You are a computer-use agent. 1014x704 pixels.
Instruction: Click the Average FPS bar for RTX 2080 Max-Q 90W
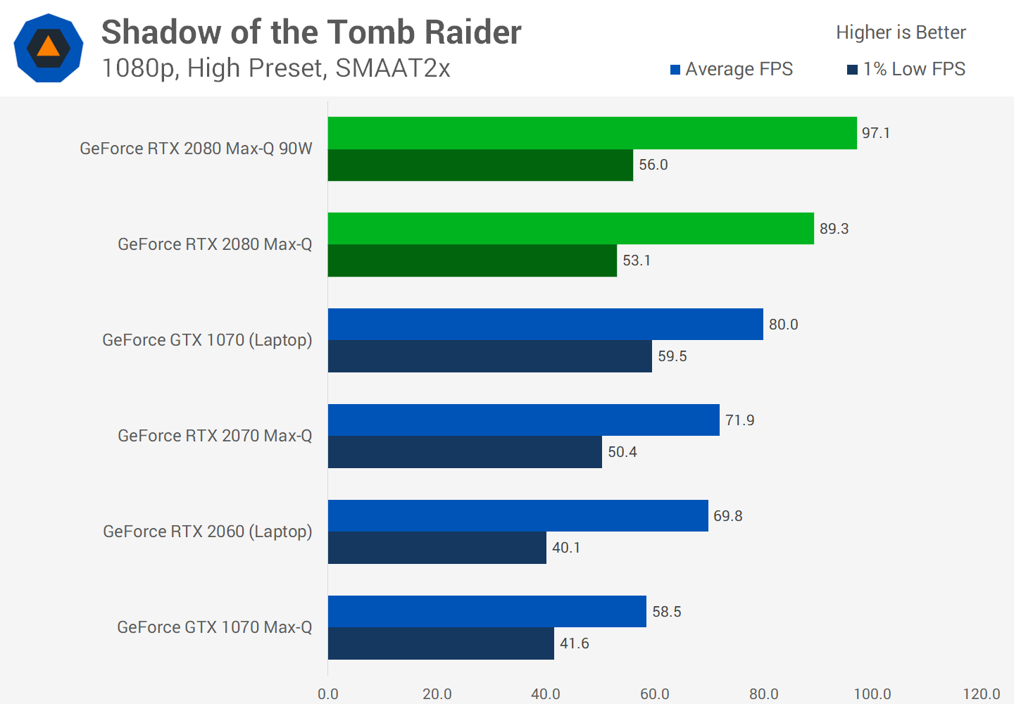tap(592, 133)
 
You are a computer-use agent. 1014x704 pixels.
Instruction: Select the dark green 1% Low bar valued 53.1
tap(472, 260)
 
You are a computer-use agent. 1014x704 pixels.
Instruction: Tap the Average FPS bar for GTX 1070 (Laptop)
tap(546, 325)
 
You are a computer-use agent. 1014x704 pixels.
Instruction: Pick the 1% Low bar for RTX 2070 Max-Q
tap(465, 452)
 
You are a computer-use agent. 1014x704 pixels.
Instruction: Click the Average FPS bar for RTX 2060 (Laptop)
tap(518, 516)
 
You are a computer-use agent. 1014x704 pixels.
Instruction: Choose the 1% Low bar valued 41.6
tap(441, 643)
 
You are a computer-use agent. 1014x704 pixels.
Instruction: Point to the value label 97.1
tap(876, 133)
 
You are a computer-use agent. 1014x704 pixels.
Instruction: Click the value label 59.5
tap(672, 356)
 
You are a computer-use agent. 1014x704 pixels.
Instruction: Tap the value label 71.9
tap(740, 420)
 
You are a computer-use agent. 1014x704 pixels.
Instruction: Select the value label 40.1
tap(567, 548)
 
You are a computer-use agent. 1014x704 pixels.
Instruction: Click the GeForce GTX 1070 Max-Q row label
tap(214, 627)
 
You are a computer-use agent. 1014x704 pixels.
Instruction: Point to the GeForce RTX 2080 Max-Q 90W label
tap(196, 149)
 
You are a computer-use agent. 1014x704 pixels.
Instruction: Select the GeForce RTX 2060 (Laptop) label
tap(207, 532)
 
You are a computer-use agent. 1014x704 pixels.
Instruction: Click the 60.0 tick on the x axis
tap(655, 694)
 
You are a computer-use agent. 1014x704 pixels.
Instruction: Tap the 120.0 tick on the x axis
tap(982, 694)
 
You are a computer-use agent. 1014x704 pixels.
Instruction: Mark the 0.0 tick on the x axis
tap(328, 694)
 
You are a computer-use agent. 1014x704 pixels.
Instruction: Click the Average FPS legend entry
tap(732, 69)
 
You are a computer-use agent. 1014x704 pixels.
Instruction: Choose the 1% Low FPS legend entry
tap(906, 69)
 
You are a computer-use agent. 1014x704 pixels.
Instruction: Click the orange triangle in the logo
tap(48, 47)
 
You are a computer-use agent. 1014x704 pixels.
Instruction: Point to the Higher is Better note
tap(901, 32)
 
